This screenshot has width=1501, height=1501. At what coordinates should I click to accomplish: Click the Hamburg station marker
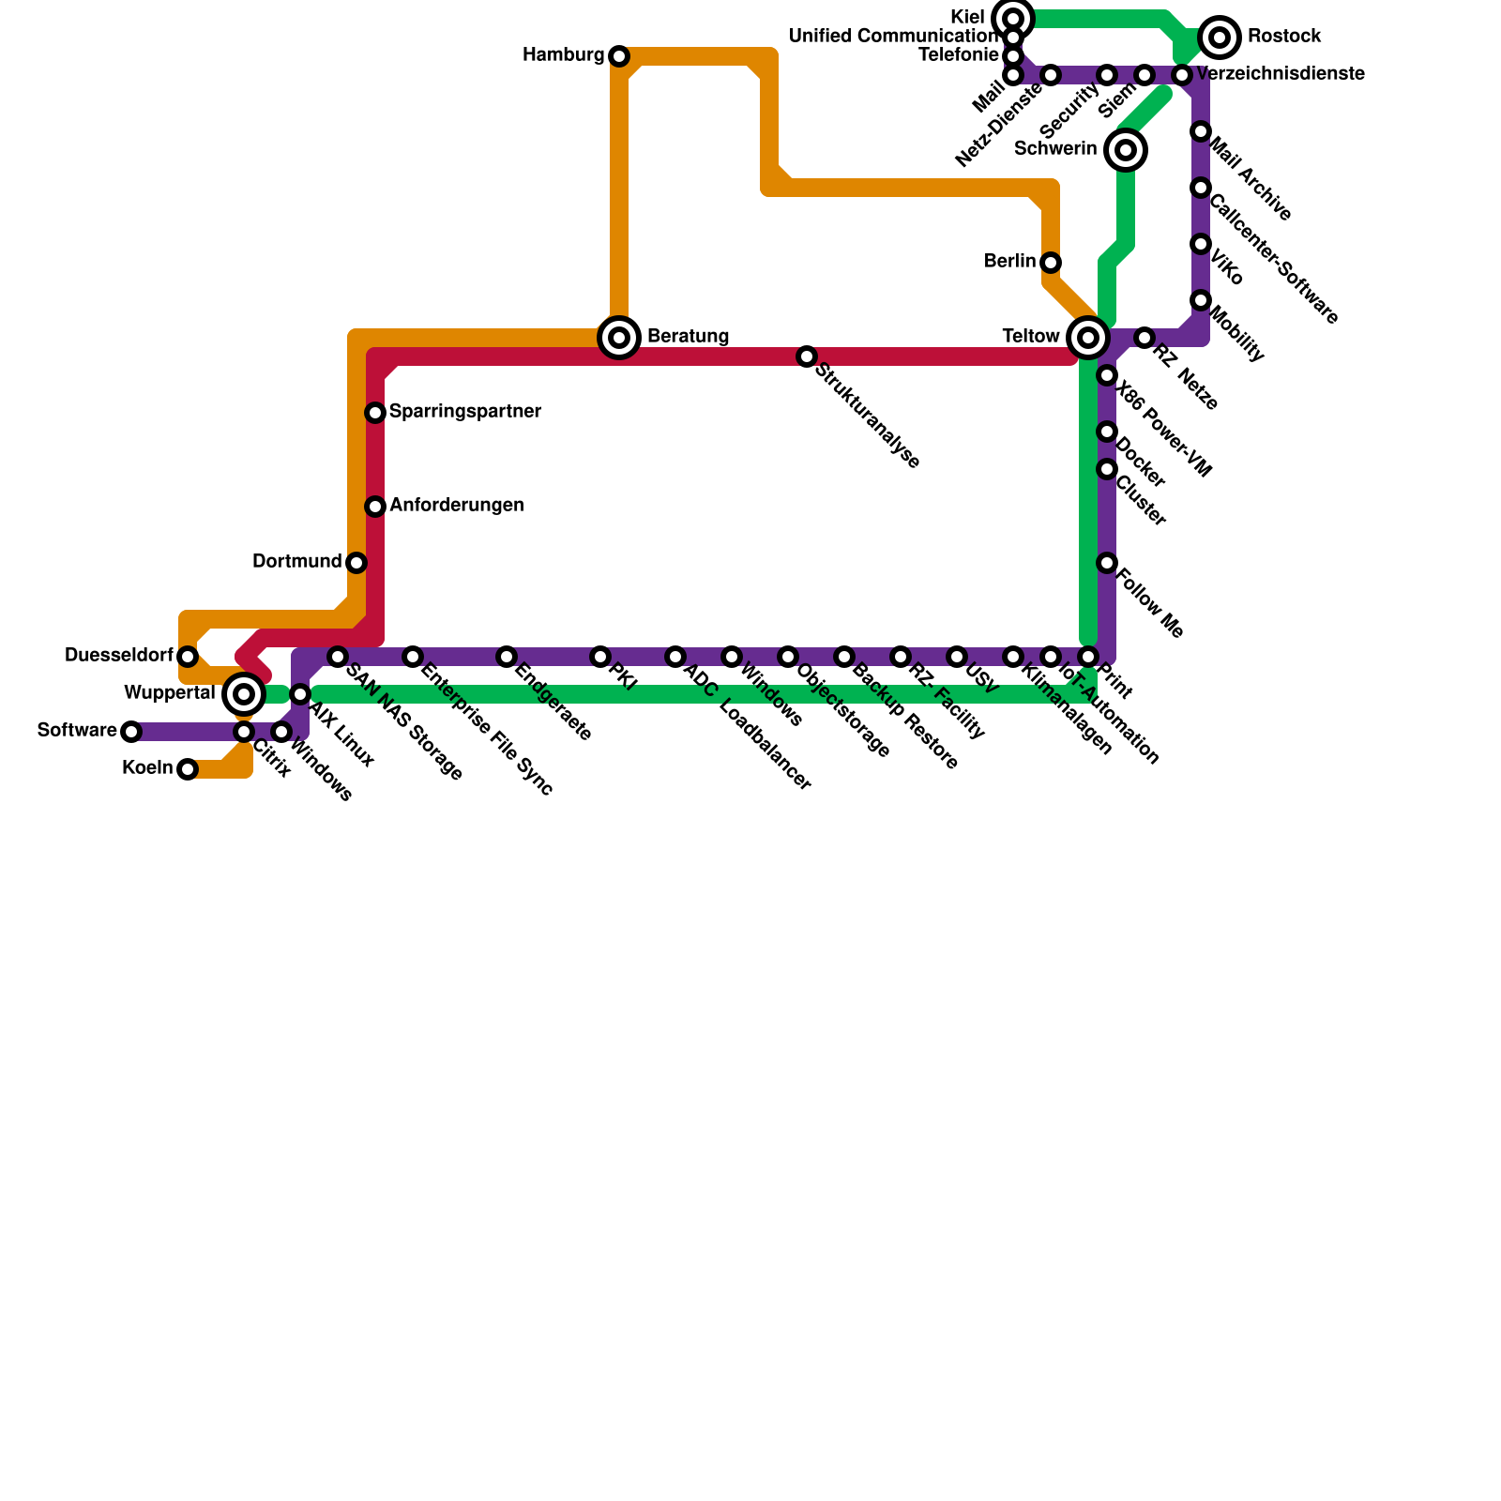point(619,56)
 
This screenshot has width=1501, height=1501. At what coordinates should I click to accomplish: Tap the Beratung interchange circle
point(619,338)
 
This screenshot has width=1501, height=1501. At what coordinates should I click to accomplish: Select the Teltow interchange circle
point(1088,338)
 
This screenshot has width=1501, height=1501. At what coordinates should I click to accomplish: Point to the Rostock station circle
point(1220,38)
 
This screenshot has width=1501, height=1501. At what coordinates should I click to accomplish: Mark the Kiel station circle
point(1013,19)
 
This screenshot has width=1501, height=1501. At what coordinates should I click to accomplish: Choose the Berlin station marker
point(1051,263)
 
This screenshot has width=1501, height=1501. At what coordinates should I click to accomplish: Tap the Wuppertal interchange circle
point(244,694)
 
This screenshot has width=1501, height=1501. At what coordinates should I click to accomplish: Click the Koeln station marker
point(188,769)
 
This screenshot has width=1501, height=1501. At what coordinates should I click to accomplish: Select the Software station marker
point(131,732)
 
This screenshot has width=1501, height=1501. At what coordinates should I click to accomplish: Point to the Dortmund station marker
point(356,563)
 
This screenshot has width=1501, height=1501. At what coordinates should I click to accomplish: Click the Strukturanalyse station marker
point(807,356)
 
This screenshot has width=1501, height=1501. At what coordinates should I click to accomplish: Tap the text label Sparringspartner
point(464,412)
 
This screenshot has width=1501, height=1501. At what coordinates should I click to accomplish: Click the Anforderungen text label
point(456,506)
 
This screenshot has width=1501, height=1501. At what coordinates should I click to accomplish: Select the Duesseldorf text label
point(118,656)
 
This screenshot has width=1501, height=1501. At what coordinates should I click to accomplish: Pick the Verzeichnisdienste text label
point(1281,74)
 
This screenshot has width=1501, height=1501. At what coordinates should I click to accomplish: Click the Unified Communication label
point(894,37)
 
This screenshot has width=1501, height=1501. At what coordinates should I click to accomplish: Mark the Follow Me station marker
point(1107,563)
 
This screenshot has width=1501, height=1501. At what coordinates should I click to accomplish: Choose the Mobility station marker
point(1201,300)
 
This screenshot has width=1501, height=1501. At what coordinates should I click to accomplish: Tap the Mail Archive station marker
point(1201,131)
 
